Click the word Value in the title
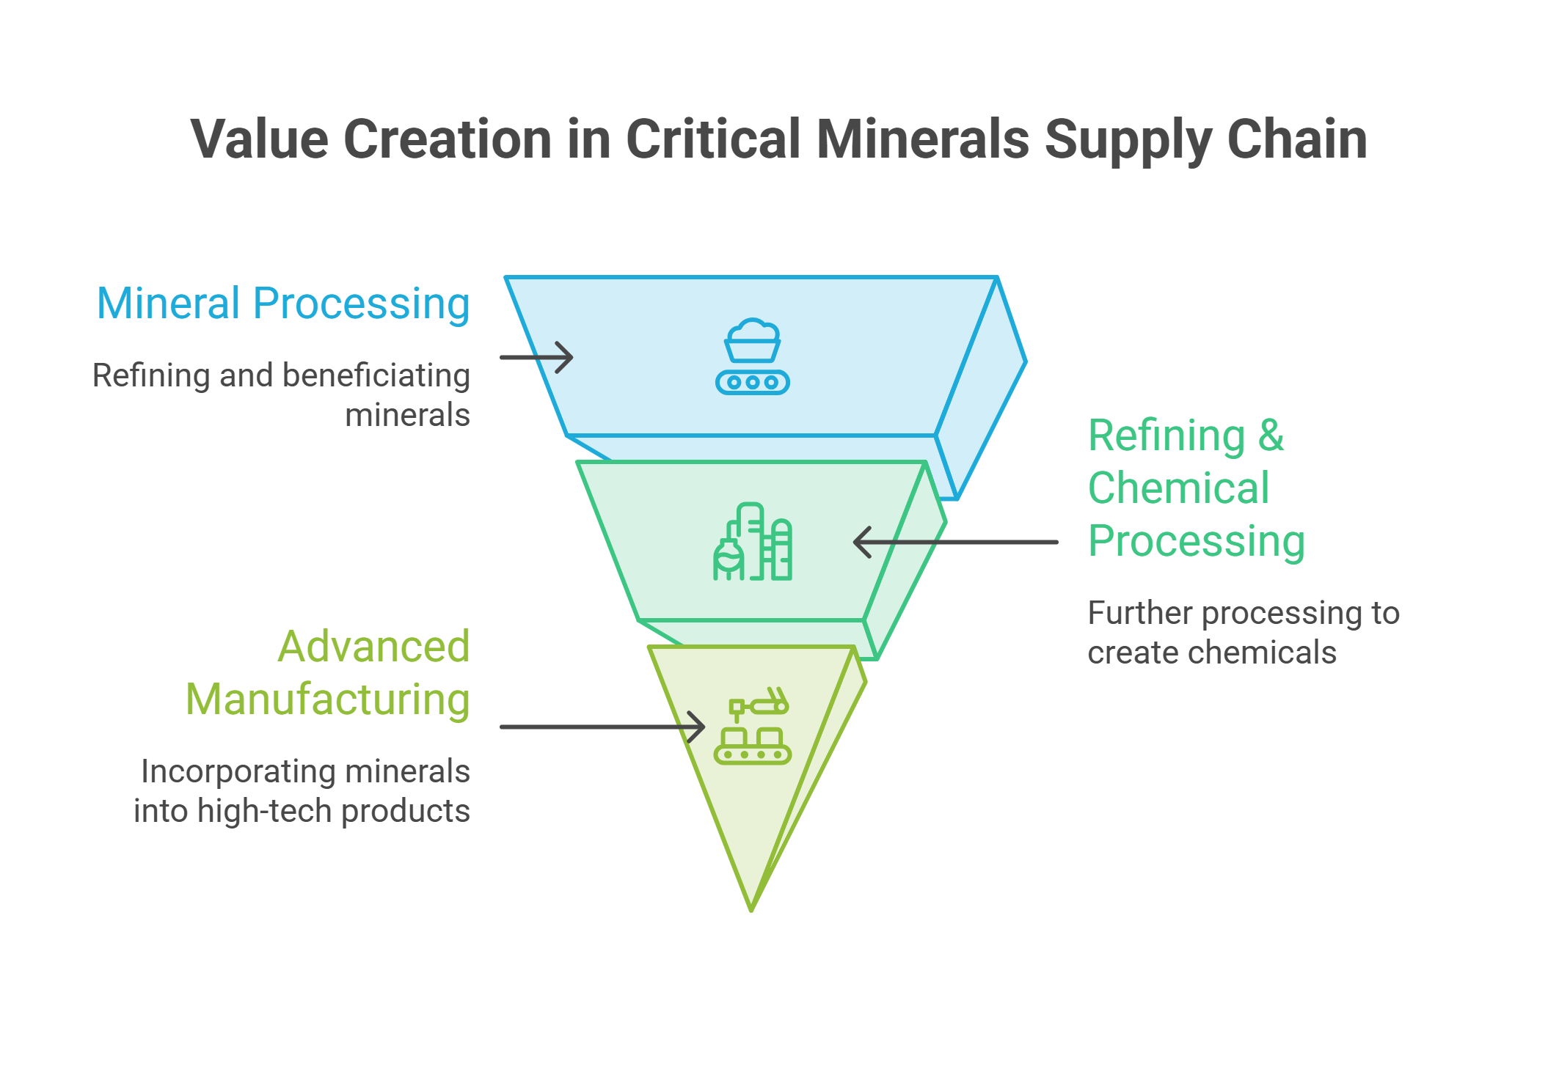[259, 139]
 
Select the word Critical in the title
[713, 139]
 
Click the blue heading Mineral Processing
[283, 304]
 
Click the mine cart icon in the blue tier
[752, 356]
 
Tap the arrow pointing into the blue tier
[536, 357]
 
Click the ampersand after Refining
[1271, 436]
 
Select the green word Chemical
[1178, 488]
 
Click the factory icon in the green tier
[752, 542]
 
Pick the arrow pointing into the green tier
[955, 543]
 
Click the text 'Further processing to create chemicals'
[1244, 633]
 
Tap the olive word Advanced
[373, 647]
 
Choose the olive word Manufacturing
[327, 700]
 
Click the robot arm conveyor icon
[752, 726]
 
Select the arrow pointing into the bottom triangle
[602, 727]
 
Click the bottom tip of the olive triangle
[751, 911]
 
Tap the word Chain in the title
[1297, 139]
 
